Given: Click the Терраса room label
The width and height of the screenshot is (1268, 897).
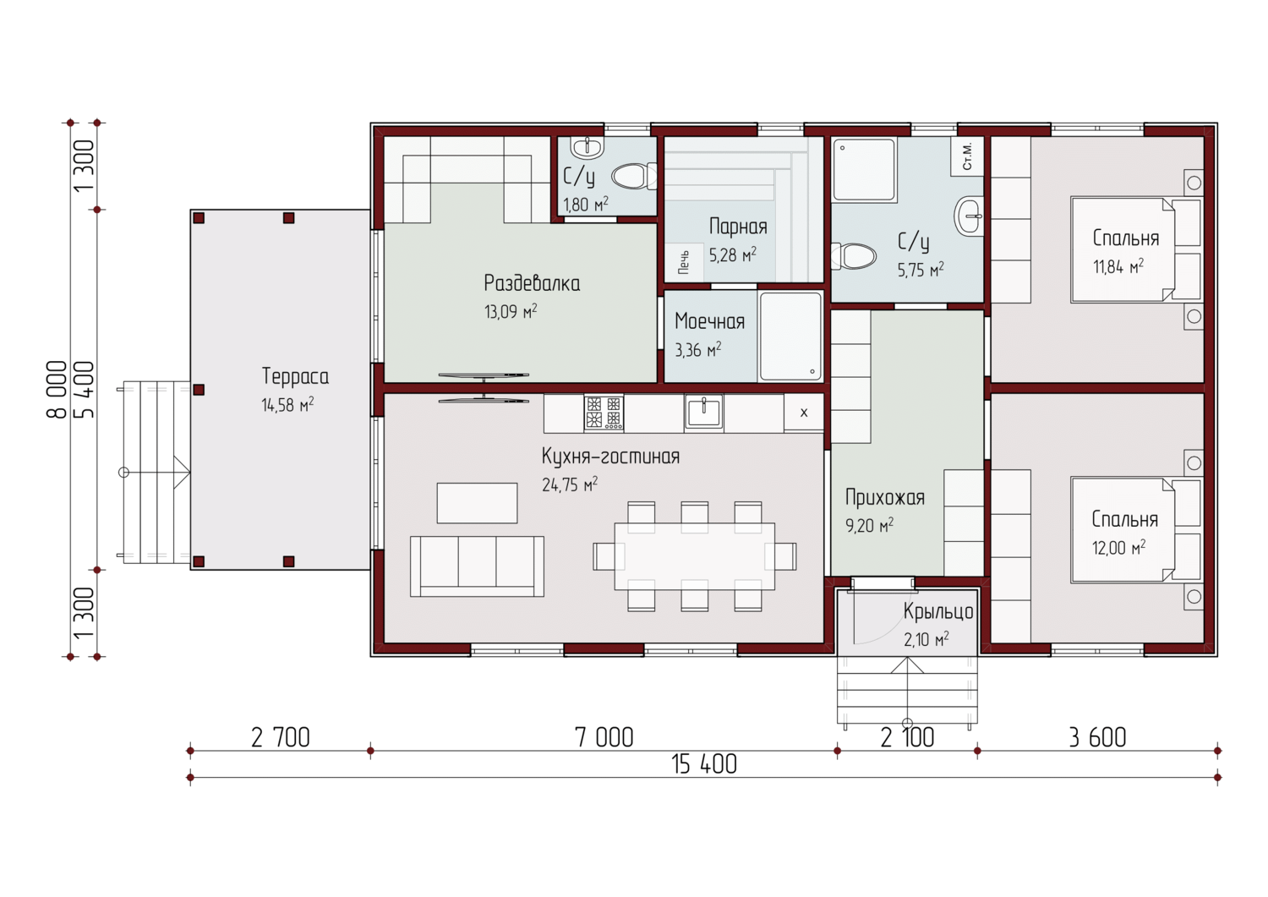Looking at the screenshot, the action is coord(295,376).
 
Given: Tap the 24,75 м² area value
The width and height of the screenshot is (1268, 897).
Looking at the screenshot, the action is coord(570,484).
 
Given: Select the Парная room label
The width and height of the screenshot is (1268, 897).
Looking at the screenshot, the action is coord(738,227).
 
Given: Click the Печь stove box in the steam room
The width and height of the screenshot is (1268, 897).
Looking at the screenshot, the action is coord(684,262).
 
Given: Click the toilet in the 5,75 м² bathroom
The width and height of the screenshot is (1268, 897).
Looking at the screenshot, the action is coord(853,256).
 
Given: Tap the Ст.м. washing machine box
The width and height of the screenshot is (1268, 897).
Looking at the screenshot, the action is coord(967,156).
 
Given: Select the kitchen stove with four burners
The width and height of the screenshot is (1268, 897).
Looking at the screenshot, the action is coord(604,412).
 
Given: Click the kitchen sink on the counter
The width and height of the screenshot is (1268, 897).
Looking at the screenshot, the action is coord(703,412).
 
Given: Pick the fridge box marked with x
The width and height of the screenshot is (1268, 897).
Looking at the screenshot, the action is coord(804,413).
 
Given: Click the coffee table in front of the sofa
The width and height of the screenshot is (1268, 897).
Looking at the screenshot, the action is coord(477,503).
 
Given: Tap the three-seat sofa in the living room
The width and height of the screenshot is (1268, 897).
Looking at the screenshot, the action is coord(477,566).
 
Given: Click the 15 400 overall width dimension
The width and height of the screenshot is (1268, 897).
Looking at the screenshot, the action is coord(704,764).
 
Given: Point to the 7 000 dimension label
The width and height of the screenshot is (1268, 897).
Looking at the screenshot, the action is coord(604,738).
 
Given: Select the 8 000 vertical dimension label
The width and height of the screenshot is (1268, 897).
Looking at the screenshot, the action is coord(57,390).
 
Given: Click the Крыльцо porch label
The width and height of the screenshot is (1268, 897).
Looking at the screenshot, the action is coord(938,612).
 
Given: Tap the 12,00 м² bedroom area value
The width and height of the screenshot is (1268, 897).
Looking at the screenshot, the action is coord(1118,548).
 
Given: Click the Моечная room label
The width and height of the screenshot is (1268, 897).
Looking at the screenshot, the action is coord(709,321).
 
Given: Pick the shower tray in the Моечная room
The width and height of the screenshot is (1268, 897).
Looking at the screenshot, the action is coord(790,336).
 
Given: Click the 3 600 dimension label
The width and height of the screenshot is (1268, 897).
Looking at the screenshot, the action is coord(1097,738).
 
